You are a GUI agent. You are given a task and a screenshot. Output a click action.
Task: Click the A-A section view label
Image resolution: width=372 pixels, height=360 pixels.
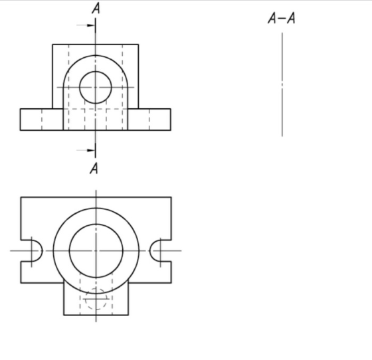(282, 18)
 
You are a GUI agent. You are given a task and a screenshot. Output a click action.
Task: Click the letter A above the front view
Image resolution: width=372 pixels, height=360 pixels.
(96, 8)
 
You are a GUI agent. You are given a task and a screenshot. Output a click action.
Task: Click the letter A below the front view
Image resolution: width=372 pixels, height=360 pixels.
(94, 168)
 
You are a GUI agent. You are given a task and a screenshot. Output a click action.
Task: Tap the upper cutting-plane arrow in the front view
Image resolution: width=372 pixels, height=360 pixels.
(86, 25)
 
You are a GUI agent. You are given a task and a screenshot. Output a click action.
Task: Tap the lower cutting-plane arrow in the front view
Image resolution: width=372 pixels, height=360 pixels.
(86, 150)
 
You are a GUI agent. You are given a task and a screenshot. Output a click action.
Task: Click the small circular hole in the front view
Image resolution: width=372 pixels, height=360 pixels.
(96, 71)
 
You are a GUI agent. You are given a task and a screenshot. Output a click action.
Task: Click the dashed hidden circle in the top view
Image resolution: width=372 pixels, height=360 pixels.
(96, 288)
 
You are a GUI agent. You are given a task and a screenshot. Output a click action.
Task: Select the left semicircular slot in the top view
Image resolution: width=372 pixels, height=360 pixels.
(42, 250)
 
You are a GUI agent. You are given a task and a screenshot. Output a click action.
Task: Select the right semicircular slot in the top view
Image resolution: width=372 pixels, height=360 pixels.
(150, 250)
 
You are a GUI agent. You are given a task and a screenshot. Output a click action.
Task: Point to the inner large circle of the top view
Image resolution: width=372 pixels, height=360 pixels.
(96, 224)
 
